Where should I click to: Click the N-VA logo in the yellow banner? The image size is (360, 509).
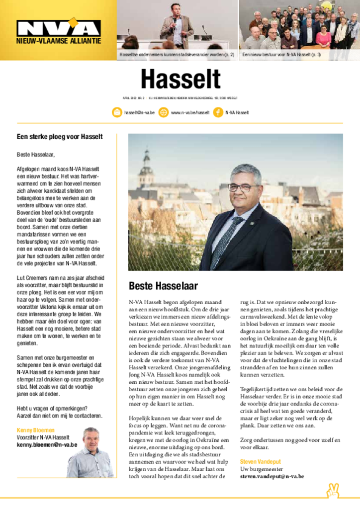[58, 28]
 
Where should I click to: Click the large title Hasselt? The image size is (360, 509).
[180, 80]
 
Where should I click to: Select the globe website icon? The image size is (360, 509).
[163, 112]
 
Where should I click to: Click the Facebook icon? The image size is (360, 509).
[217, 112]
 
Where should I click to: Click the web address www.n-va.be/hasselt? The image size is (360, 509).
[190, 113]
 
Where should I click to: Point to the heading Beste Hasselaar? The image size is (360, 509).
[163, 286]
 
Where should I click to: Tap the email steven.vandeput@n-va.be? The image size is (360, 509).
[272, 476]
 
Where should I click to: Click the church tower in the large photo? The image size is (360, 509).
[146, 169]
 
